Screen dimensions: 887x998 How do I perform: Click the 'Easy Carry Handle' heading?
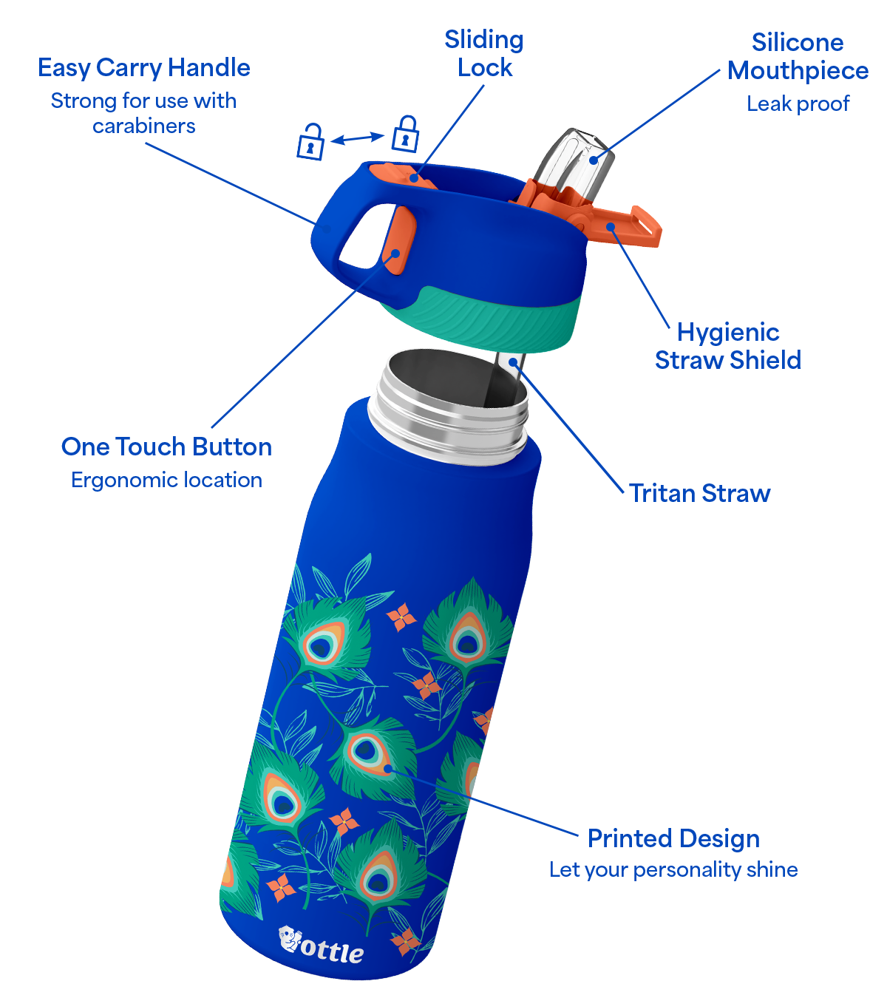click(x=144, y=67)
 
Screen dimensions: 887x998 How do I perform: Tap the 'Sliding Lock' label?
click(x=483, y=53)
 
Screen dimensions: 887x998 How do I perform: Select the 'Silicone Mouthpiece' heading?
click(x=798, y=56)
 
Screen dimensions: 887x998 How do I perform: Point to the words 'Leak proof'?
click(x=798, y=103)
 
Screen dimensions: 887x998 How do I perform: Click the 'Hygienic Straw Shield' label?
click(x=727, y=346)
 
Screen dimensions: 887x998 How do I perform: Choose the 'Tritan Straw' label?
click(x=699, y=493)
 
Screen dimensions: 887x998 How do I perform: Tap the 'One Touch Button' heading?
click(x=166, y=447)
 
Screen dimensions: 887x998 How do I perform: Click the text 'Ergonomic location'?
click(x=166, y=480)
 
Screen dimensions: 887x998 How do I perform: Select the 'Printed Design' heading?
click(x=673, y=838)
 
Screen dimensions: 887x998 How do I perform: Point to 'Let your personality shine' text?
click(x=673, y=870)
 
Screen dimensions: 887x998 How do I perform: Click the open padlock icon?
click(x=310, y=141)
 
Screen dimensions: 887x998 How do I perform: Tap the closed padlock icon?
click(x=405, y=134)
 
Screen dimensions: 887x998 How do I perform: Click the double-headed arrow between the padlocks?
click(x=358, y=138)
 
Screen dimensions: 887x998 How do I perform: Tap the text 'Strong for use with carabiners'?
click(x=144, y=113)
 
